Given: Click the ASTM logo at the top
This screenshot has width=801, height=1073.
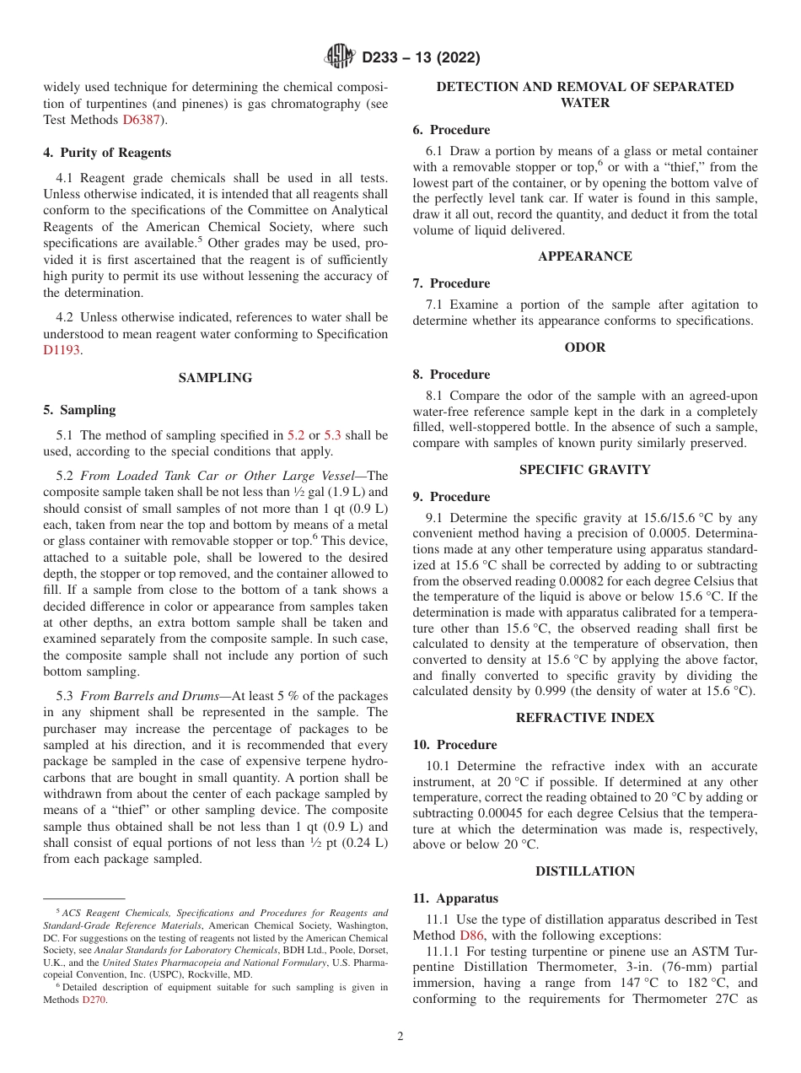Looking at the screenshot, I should pos(340,57).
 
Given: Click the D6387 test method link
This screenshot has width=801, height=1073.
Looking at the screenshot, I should pos(144,120).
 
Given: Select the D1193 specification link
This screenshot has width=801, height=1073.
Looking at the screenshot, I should pos(62,349).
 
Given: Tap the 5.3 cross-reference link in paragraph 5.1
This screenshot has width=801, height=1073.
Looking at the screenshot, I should pos(332,435).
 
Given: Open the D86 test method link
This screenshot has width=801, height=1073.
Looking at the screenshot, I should pos(470,936).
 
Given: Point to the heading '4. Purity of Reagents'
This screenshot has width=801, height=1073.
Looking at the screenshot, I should pos(107,153).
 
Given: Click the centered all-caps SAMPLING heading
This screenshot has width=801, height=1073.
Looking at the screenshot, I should pos(215,378).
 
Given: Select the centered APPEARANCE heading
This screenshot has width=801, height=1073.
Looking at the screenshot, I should pos(584,256).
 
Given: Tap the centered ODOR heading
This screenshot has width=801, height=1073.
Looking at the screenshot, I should pos(584,348).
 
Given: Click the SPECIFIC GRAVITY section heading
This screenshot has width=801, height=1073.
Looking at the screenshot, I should pos(584,470).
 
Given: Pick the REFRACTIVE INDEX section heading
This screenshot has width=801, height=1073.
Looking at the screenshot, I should pos(584,718).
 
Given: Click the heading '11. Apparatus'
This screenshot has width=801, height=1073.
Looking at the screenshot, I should pos(455,898).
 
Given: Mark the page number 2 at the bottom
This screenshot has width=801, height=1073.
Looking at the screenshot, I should pos(400,1037).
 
